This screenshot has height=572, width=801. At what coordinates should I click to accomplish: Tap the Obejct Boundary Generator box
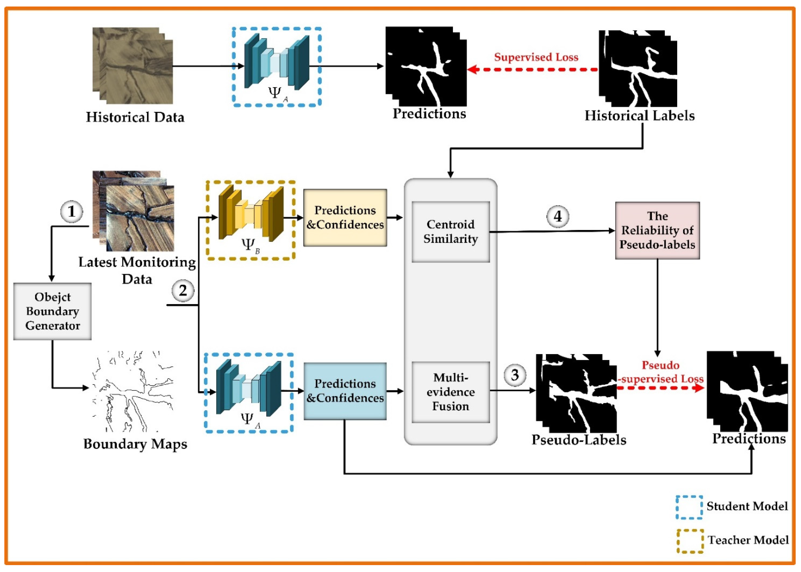click(53, 311)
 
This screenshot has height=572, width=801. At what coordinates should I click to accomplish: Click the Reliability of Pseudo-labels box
click(657, 230)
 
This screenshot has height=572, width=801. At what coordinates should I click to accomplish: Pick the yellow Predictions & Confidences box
click(345, 217)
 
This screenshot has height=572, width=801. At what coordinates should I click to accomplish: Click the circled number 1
click(71, 212)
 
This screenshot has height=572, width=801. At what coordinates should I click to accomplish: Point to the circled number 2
click(183, 291)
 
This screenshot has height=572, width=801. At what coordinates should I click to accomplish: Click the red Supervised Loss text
click(536, 57)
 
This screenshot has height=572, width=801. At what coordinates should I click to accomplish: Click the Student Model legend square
click(689, 507)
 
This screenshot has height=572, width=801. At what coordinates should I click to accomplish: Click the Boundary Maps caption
click(135, 444)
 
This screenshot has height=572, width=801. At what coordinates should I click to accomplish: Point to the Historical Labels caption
click(639, 116)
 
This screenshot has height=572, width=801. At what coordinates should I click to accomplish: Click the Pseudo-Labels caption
click(579, 440)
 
